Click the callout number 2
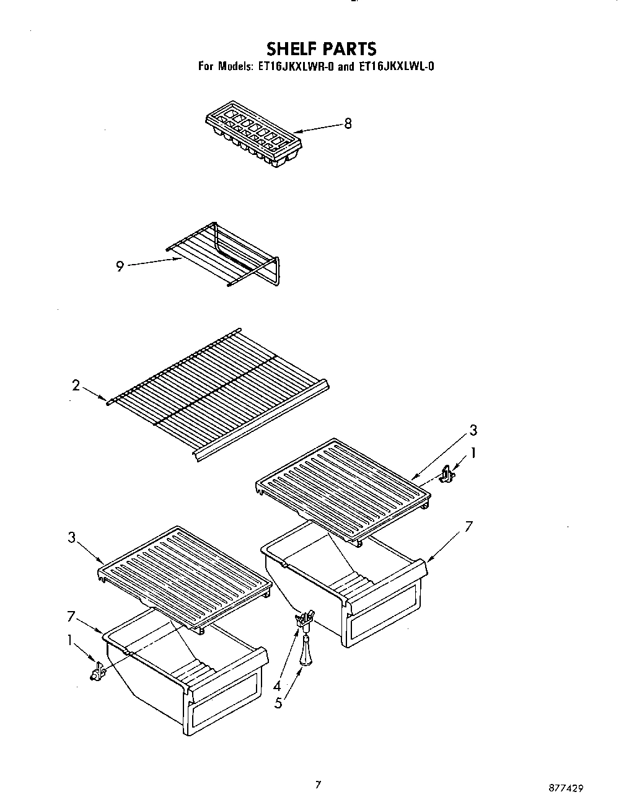click(76, 385)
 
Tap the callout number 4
click(277, 686)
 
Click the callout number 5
click(279, 703)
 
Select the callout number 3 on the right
click(473, 430)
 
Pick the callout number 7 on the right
click(469, 527)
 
